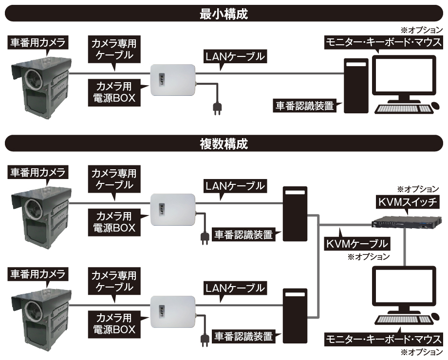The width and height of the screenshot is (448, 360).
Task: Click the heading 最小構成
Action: point(224,14)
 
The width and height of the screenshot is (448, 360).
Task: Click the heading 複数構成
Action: point(224,144)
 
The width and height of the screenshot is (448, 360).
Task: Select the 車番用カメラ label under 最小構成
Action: point(37,42)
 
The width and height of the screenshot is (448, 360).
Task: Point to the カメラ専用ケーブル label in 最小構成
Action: point(114,49)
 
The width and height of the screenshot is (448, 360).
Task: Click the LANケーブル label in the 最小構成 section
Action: point(235,56)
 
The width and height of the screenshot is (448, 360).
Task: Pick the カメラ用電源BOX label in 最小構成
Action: point(114,92)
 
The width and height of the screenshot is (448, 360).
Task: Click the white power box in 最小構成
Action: point(173,80)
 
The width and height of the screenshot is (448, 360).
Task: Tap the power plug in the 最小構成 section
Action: point(217,108)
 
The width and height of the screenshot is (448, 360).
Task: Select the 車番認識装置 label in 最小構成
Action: point(305,106)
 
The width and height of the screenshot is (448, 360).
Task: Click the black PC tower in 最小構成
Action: point(356,86)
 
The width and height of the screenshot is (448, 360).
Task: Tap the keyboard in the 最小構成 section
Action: point(403,109)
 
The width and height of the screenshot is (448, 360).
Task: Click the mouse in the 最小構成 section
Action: point(436,106)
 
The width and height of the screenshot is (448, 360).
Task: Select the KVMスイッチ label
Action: point(408,202)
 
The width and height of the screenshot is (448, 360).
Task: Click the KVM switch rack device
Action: point(407,222)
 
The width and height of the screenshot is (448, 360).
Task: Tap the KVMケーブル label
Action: point(357,244)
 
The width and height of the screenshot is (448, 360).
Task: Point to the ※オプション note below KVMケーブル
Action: point(369,257)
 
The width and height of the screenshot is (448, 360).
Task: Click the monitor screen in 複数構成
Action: point(404,287)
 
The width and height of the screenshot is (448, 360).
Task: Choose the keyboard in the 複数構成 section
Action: point(403,320)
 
